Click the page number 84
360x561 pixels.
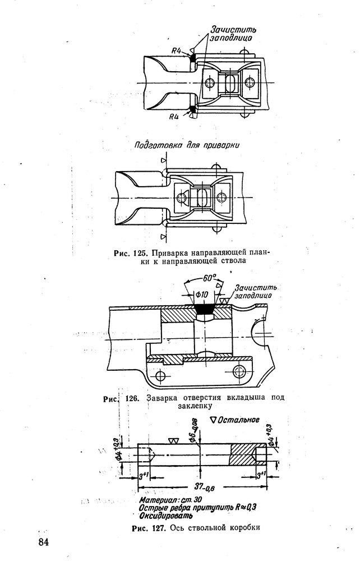43,542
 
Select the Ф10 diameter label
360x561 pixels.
202,295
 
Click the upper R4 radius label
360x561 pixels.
176,50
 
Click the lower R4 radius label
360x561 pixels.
174,116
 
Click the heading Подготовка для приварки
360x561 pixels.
187,145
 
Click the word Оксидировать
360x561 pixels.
166,516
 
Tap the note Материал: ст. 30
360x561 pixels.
170,500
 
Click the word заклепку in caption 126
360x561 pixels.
195,406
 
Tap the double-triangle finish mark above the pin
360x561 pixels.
174,441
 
